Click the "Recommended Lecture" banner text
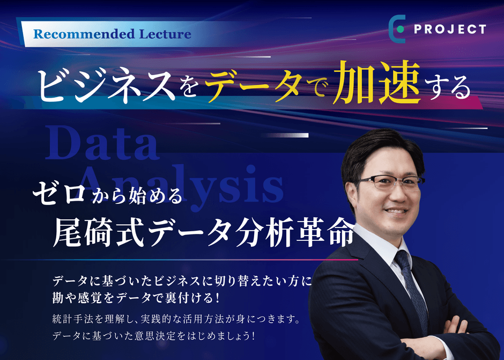112,34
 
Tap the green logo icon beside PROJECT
397,30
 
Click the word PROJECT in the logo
450,30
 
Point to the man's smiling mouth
397,211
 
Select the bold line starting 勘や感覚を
137,296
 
